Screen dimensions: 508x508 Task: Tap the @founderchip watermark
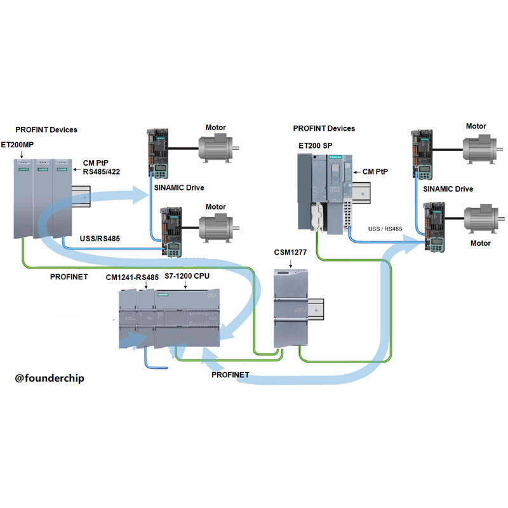coord(50,378)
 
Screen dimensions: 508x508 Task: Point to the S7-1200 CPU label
coord(187,277)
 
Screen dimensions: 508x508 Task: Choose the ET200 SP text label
coord(316,145)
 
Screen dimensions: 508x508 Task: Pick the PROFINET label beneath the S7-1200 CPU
coord(230,375)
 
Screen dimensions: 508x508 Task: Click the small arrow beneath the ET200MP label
coord(21,153)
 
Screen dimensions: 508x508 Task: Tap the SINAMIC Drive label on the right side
coord(448,189)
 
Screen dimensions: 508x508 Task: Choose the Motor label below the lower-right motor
coord(480,243)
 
